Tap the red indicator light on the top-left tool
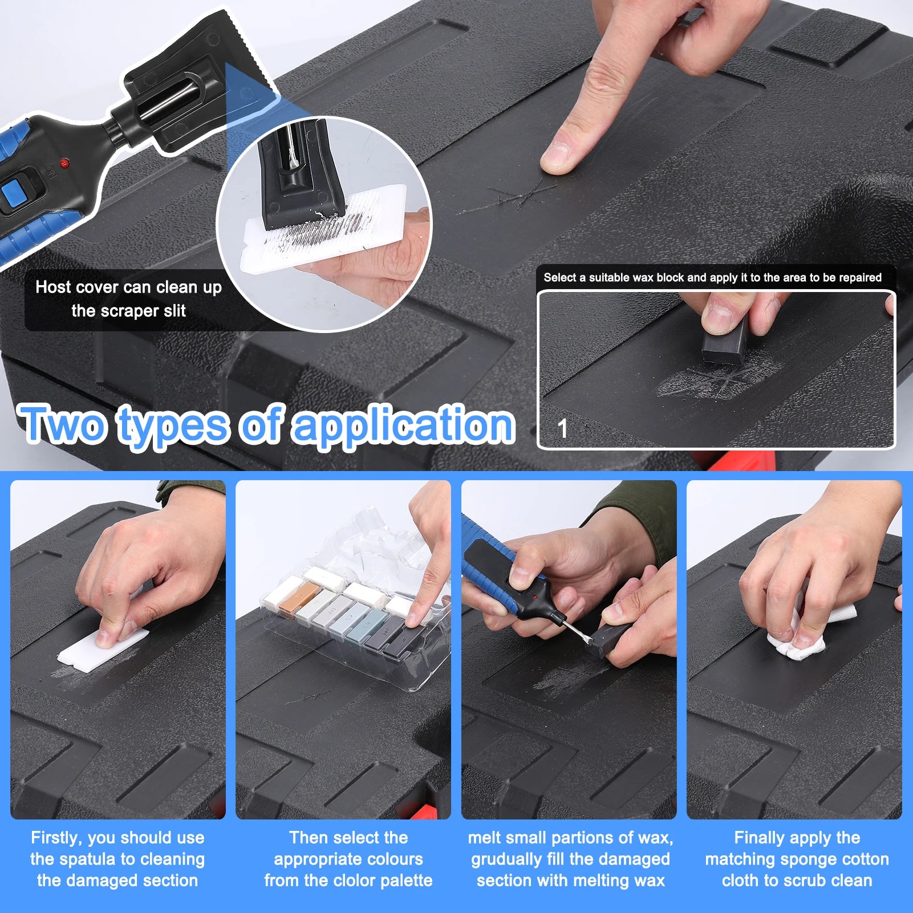point(64,164)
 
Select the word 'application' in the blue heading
point(404,425)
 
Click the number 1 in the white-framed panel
point(563,429)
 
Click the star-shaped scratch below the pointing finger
point(523,197)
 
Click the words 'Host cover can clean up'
point(128,287)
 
